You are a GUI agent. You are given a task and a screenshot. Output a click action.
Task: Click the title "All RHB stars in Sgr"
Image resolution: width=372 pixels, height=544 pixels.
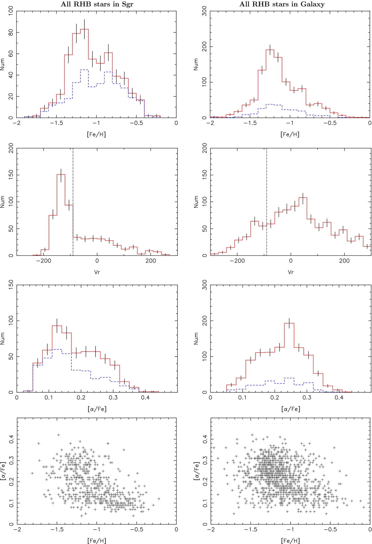tap(97, 4)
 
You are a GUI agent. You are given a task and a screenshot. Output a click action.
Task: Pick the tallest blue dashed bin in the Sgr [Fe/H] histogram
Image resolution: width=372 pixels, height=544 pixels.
tap(84, 70)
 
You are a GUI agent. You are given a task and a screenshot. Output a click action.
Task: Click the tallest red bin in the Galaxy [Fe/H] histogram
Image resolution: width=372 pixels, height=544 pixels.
tap(270, 50)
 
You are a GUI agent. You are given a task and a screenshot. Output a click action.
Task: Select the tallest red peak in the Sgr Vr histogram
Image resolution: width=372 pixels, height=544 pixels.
tap(61, 175)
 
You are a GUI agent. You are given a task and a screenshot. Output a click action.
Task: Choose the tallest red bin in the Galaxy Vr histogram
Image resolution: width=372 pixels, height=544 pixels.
tap(303, 198)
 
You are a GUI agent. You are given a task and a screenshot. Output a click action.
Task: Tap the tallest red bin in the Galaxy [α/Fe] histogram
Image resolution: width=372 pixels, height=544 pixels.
tap(289, 324)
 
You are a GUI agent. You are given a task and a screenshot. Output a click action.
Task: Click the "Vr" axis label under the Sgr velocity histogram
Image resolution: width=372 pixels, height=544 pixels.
tap(97, 272)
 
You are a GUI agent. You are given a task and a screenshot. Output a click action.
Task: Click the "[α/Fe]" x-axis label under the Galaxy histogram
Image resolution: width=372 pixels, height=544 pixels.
tap(291, 409)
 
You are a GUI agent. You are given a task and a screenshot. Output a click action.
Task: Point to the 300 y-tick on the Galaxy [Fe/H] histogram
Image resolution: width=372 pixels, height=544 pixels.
tap(204, 12)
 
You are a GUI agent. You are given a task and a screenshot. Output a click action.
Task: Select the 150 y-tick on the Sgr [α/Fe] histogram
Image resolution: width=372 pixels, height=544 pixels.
tap(11, 285)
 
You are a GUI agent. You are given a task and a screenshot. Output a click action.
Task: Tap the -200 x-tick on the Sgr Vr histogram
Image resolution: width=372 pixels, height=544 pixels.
tap(43, 261)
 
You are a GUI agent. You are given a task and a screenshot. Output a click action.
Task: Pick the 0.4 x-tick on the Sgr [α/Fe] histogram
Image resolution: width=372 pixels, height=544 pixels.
tap(145, 398)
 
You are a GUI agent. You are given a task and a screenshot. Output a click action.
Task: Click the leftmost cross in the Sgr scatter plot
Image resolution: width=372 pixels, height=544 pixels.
tap(32, 473)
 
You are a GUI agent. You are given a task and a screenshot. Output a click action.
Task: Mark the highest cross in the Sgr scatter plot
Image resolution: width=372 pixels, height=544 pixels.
tap(58, 435)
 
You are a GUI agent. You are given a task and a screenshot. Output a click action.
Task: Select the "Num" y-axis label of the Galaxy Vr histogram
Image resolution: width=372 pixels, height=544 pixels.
tap(196, 202)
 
